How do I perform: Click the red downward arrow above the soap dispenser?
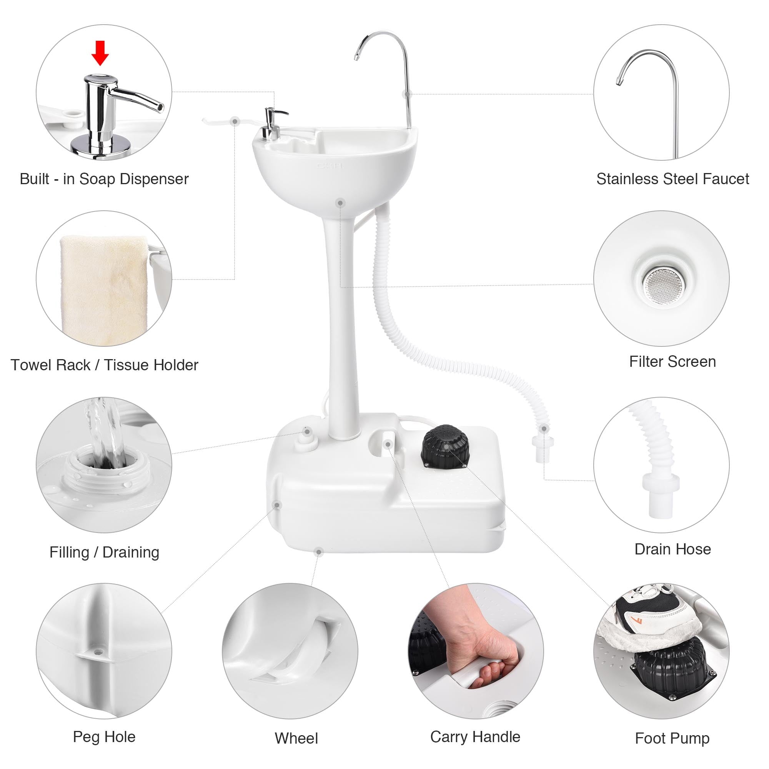tap(100, 53)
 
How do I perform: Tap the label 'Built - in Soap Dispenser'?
tap(104, 179)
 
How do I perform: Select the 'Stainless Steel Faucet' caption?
tap(672, 179)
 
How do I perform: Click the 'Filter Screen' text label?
tap(672, 362)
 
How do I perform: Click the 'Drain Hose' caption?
tap(672, 549)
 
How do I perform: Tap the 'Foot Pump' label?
tap(672, 738)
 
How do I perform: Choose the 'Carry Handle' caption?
tap(475, 737)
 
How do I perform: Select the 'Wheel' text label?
tap(296, 738)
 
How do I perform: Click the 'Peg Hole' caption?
tap(104, 737)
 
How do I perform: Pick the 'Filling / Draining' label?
tap(104, 553)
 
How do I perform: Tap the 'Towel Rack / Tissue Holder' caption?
tap(104, 365)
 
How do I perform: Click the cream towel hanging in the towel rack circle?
tap(103, 286)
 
